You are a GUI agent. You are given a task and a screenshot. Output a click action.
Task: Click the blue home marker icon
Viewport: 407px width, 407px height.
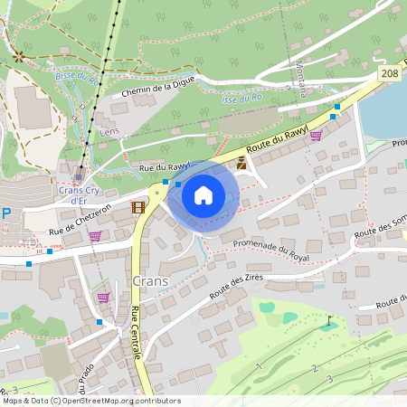(203, 195)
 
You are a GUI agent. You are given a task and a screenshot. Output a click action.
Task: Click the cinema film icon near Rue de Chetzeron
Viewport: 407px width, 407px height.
(137, 207)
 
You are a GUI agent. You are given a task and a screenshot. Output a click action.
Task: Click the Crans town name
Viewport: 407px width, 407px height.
(150, 281)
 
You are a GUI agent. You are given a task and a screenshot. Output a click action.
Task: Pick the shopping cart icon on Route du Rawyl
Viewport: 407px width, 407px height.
(316, 136)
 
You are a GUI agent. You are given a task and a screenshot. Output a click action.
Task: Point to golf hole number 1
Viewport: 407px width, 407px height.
(259, 366)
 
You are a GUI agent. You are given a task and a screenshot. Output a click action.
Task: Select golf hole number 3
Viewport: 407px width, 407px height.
(330, 378)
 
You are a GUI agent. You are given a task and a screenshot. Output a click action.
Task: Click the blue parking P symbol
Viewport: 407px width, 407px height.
(6, 214)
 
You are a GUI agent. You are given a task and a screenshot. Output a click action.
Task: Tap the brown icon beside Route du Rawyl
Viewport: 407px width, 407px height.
(241, 164)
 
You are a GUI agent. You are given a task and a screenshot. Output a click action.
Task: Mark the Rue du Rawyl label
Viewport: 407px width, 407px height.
(165, 166)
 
